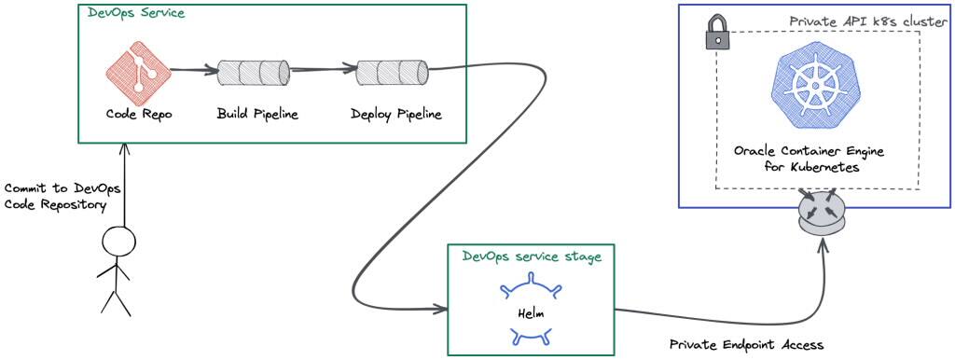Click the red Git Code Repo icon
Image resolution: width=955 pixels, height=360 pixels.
coord(138,69)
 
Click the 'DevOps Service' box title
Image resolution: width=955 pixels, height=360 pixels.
coord(135,15)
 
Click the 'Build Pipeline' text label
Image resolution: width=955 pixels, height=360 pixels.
coord(257,115)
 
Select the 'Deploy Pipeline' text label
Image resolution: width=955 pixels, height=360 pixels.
coord(396,115)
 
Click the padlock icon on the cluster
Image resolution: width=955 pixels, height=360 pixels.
coord(716,35)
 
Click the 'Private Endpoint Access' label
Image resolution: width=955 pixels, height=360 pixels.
coord(747,345)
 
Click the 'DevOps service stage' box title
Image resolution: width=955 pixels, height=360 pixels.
coord(532,256)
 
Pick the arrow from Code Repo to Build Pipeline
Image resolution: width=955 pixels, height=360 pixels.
coord(194,69)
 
